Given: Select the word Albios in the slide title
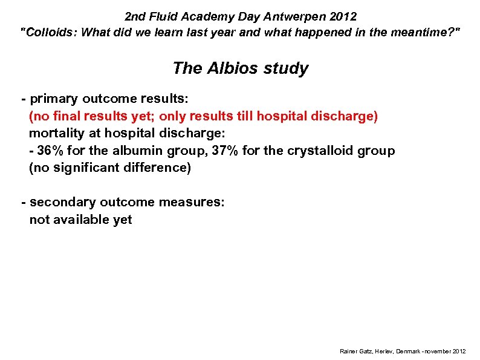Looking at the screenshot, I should pos(233,68).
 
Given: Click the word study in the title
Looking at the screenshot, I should pos(286,68).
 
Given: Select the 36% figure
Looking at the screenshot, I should pos(51,150).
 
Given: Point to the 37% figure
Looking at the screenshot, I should pos(224,150).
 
